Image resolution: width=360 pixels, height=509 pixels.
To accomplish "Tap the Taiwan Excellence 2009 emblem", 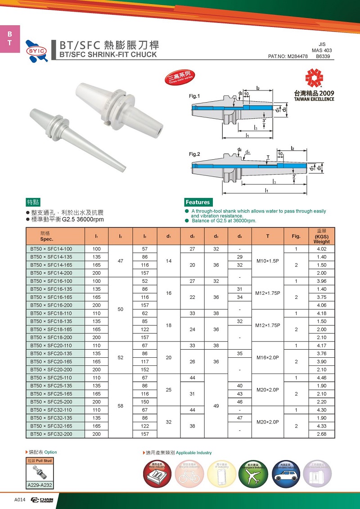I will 314,85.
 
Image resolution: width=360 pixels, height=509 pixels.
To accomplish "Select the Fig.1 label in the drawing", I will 194,96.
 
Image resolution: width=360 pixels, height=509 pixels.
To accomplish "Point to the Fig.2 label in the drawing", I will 194,154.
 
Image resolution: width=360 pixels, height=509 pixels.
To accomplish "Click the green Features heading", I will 198,203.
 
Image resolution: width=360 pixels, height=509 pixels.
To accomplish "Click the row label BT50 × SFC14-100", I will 50,249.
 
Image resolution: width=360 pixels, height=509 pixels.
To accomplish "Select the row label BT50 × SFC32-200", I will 50,434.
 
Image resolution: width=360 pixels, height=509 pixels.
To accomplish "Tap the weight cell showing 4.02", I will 321,249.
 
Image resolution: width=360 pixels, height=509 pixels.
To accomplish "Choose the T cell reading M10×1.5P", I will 268,261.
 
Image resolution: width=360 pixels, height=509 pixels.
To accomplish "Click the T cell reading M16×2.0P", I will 268,358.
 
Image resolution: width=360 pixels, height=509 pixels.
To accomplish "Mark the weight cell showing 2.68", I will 321,434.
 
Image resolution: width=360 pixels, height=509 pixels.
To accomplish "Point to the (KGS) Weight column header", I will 321,237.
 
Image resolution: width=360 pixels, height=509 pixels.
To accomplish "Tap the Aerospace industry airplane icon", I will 250,474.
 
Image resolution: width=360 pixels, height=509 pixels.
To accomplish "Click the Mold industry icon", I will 158,474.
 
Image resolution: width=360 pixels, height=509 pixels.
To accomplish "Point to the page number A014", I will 19,500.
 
